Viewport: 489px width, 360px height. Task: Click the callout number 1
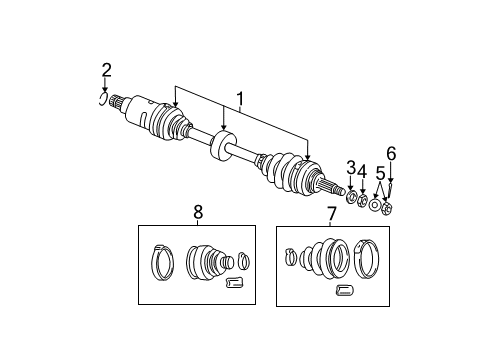[240, 100]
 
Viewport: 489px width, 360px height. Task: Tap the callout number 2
[107, 70]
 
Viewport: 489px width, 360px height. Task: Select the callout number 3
[351, 167]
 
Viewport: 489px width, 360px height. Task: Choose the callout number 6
[391, 153]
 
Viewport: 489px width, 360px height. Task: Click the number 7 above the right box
[331, 213]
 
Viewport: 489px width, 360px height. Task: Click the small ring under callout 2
[103, 97]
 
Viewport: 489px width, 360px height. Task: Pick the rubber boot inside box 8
[209, 266]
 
